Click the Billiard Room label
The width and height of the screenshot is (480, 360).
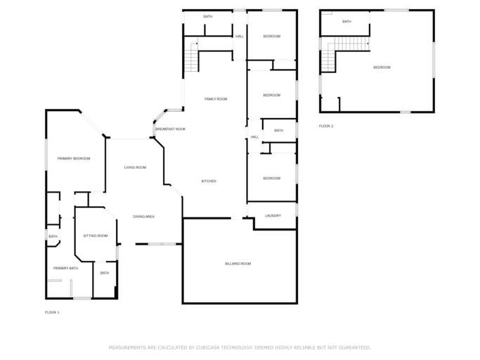(238, 264)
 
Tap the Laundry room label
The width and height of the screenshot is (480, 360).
(273, 216)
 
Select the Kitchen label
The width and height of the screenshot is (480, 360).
(209, 181)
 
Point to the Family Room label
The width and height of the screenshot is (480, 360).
(216, 99)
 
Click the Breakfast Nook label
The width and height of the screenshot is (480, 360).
(170, 129)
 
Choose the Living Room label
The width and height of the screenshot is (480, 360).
(135, 167)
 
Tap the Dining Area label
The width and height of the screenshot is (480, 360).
(143, 217)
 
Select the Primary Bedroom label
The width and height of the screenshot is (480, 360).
(74, 159)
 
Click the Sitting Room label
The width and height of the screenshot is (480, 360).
(96, 236)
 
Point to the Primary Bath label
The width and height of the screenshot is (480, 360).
(65, 268)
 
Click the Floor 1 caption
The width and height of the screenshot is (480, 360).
(53, 312)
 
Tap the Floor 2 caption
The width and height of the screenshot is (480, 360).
(326, 126)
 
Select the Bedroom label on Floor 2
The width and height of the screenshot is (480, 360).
(382, 67)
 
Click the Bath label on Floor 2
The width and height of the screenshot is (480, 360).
(346, 22)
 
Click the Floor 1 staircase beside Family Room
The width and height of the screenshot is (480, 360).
(192, 58)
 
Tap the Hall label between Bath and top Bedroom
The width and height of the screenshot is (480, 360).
(240, 37)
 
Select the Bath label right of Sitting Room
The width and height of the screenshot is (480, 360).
(104, 273)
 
